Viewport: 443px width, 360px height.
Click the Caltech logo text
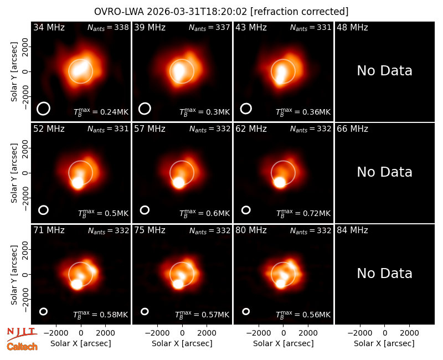pyautogui.click(x=22, y=347)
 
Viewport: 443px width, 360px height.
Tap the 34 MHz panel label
pyautogui.click(x=49, y=27)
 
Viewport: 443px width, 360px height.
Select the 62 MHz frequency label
pyautogui.click(x=251, y=129)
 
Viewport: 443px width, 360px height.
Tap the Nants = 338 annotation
pyautogui.click(x=108, y=27)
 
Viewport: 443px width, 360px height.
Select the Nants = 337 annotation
pyautogui.click(x=209, y=27)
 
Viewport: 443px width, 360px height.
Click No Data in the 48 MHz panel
pyautogui.click(x=384, y=71)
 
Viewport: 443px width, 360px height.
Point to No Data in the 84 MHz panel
pyautogui.click(x=384, y=273)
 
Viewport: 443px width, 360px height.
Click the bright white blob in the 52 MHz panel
pyautogui.click(x=78, y=183)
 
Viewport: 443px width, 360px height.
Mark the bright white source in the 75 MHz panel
pyautogui.click(x=178, y=284)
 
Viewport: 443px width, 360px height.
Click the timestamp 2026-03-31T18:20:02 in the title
pyautogui.click(x=197, y=12)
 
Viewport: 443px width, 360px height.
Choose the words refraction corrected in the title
pyautogui.click(x=300, y=12)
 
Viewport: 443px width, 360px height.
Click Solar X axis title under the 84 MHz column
pyautogui.click(x=384, y=343)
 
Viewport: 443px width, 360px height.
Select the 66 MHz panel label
pyautogui.click(x=352, y=129)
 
